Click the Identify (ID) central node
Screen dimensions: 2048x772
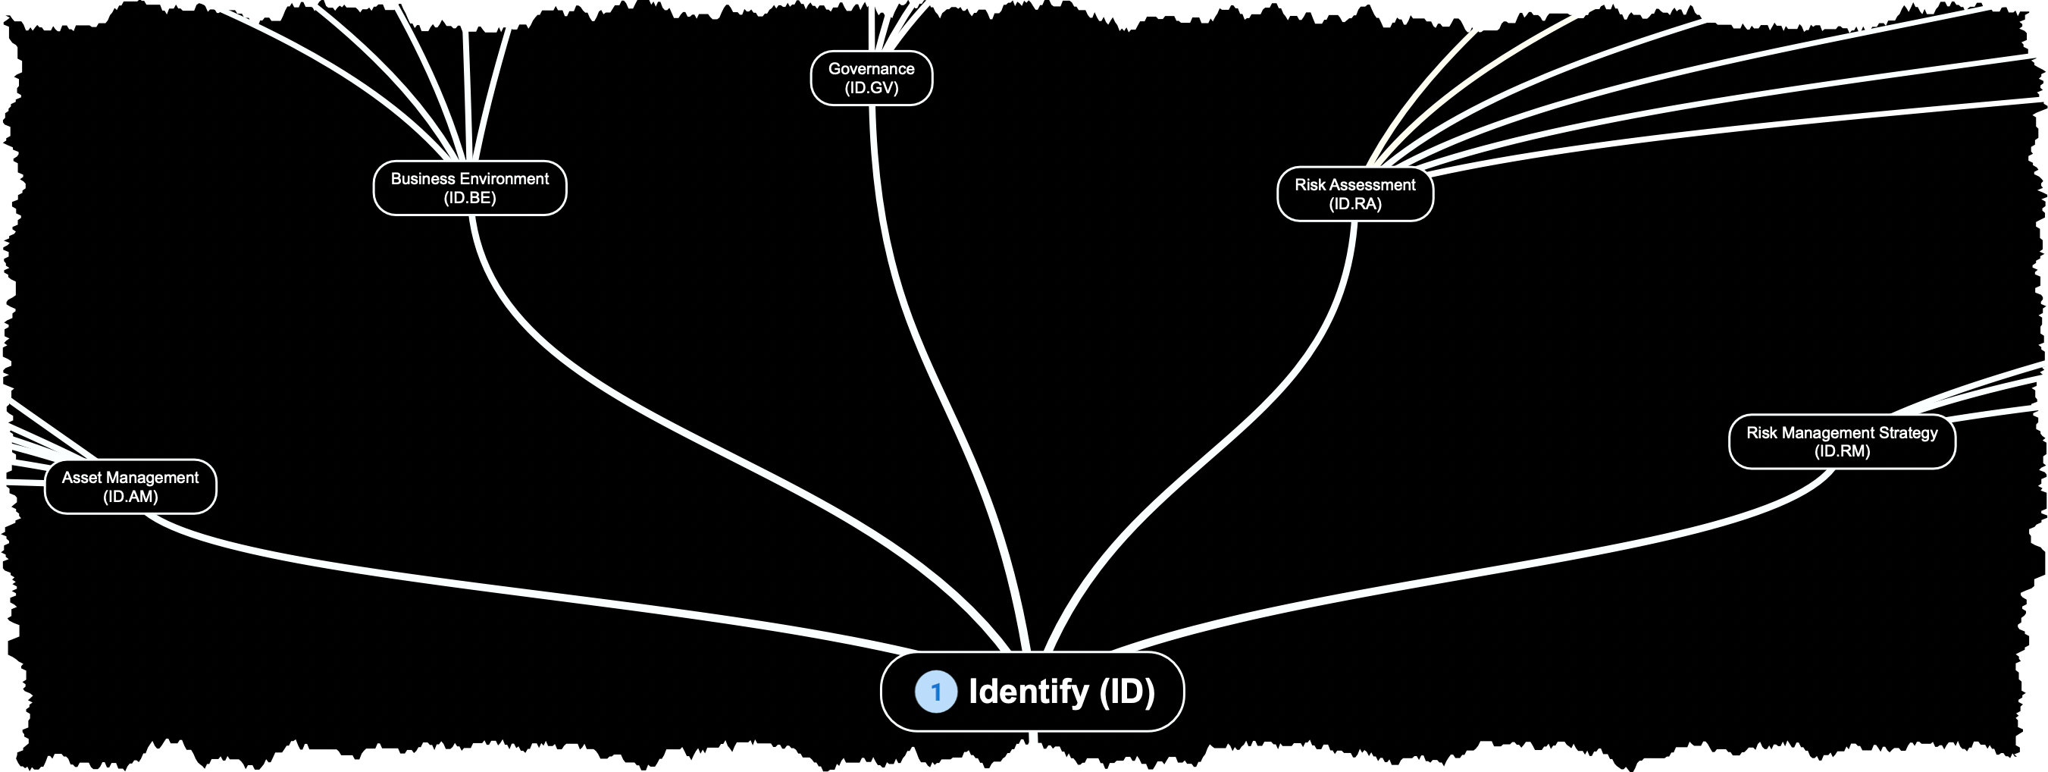coord(1032,691)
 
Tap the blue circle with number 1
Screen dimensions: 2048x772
coord(936,692)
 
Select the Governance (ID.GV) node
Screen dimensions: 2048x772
coord(872,78)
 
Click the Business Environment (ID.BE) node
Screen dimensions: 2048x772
coord(470,188)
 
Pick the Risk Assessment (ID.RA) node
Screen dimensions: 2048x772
coord(1354,194)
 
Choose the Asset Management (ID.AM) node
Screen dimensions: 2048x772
coord(130,487)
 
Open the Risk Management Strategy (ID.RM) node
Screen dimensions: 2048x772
coord(1841,442)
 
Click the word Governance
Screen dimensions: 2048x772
coord(872,69)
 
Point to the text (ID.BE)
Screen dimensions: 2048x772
coord(470,198)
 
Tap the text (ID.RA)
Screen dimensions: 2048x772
coord(1354,204)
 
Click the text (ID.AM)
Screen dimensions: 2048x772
coord(130,497)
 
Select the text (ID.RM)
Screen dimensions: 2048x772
coord(1841,451)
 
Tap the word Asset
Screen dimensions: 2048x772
coord(82,478)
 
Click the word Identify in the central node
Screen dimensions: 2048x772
coord(1028,691)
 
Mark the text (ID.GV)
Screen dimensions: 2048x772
coord(872,88)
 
